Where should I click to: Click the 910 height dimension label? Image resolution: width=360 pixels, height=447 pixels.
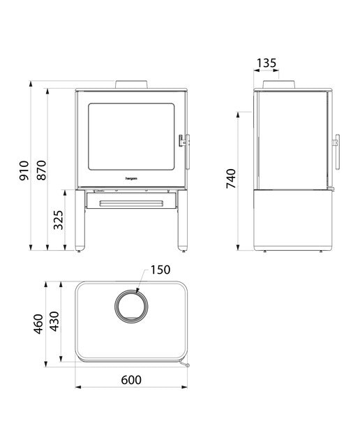tap(24, 170)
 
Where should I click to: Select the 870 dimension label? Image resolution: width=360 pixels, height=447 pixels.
tap(41, 170)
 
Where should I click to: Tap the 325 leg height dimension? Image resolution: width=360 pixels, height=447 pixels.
tap(59, 220)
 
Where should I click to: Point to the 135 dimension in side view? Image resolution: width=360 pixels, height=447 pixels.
tap(267, 63)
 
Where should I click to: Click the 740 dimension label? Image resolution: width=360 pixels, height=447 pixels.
tap(231, 179)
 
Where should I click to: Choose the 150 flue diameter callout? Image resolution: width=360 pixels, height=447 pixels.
tap(160, 270)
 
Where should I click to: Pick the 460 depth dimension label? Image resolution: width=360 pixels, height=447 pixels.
tap(38, 324)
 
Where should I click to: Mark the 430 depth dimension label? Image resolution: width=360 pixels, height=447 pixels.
tap(54, 321)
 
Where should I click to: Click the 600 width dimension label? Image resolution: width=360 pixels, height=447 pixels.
tap(131, 380)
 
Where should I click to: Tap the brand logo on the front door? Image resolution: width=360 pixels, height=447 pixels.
tap(131, 179)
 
